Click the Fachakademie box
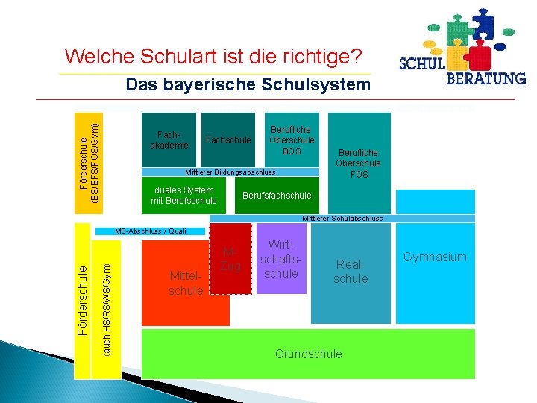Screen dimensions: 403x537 tap(169, 140)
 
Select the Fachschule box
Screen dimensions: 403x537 tap(227, 140)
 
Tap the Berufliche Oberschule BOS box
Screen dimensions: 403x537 tap(292, 140)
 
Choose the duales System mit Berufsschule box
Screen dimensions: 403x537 tap(183, 196)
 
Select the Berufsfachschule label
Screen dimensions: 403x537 tap(277, 196)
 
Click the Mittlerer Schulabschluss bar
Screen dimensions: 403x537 tap(342, 219)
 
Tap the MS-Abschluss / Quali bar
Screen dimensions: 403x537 tap(151, 231)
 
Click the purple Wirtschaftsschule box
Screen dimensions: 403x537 tap(283, 259)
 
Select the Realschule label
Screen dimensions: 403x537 tap(351, 272)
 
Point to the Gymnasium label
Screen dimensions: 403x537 tap(435, 257)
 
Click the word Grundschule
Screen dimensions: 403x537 tap(308, 354)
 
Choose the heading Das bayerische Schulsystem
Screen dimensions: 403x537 tap(248, 85)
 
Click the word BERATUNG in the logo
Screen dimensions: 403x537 tap(486, 78)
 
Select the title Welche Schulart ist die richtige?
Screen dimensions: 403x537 tap(214, 56)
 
